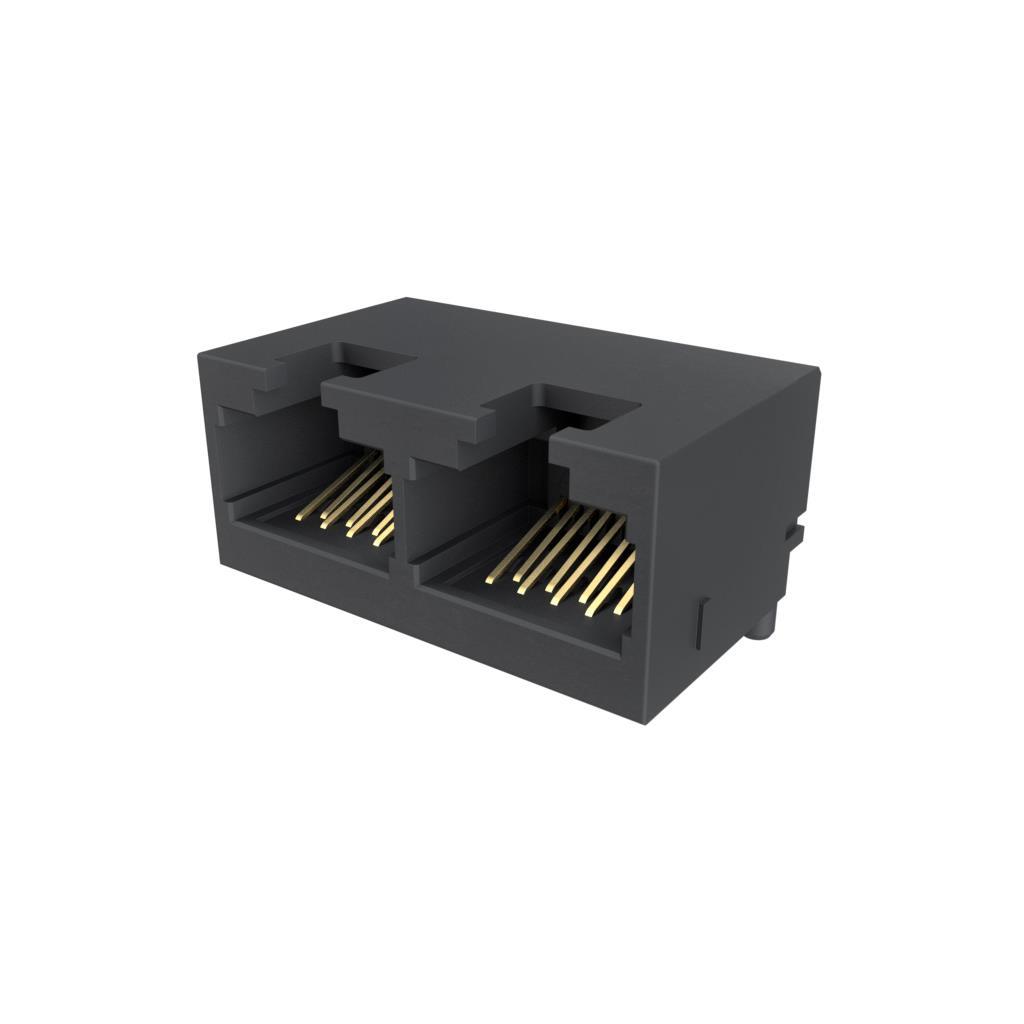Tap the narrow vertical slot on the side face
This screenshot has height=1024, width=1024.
pyautogui.click(x=702, y=621)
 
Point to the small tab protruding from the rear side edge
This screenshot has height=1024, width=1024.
pyautogui.click(x=794, y=534)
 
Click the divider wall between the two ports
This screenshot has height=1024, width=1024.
pyautogui.click(x=401, y=520)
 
